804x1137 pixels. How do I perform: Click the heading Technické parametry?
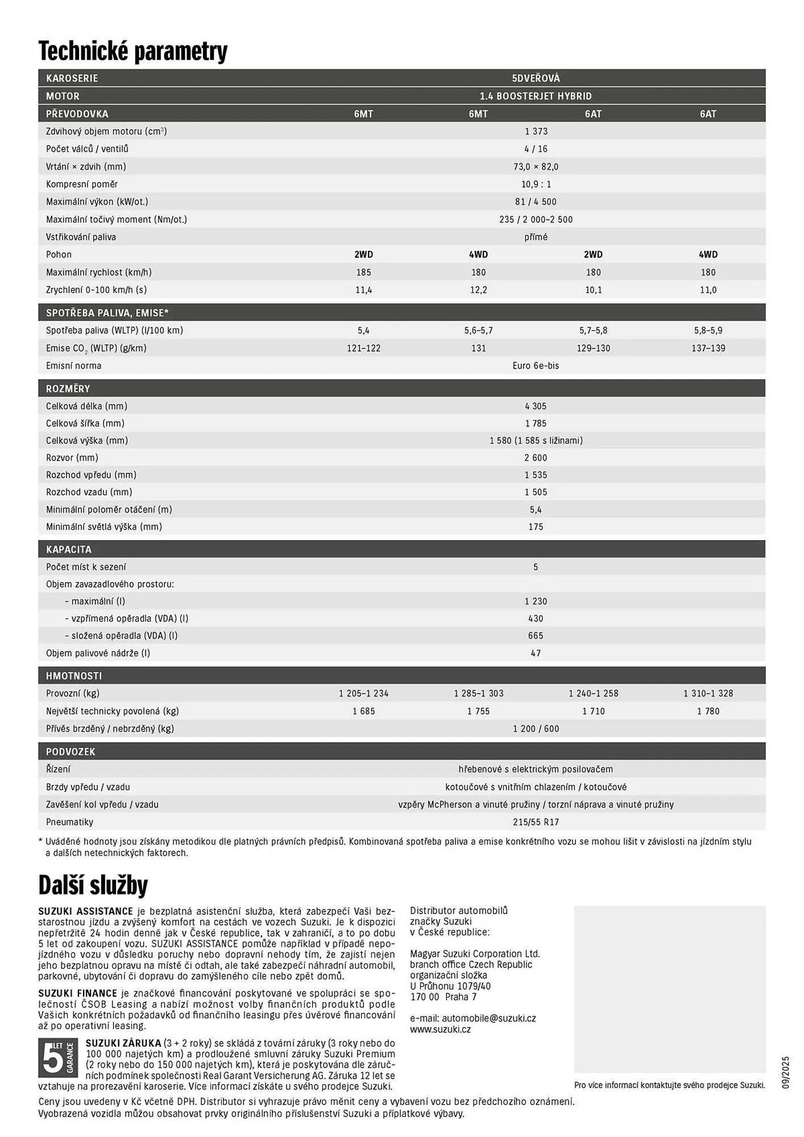(133, 51)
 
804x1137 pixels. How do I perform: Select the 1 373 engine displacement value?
(536, 131)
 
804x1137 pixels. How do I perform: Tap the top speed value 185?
(363, 272)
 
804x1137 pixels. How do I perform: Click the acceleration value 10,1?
(593, 290)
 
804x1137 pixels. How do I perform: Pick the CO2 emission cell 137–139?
(708, 348)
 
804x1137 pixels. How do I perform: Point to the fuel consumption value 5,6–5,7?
(478, 330)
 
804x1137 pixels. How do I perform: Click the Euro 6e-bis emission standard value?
(536, 366)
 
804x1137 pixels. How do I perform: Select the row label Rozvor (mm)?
(72, 458)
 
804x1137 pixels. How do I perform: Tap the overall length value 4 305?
(536, 406)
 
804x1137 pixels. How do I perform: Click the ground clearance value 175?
(536, 527)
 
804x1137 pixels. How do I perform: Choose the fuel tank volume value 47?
(536, 653)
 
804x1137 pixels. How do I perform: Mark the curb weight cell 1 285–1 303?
(478, 694)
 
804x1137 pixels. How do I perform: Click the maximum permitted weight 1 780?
(708, 711)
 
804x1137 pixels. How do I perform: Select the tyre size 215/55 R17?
(536, 822)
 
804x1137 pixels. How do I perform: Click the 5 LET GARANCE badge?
(58, 1057)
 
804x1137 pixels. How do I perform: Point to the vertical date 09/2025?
(785, 1072)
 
